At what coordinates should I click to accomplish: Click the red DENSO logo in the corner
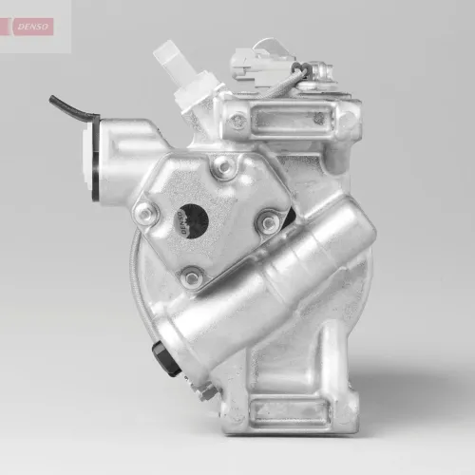point(33,26)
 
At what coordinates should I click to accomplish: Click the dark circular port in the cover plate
point(193,220)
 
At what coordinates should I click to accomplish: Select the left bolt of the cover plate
point(145,214)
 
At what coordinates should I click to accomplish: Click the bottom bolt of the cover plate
point(193,277)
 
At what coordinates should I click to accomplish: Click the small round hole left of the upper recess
point(237,122)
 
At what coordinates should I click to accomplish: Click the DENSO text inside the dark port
point(182,221)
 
